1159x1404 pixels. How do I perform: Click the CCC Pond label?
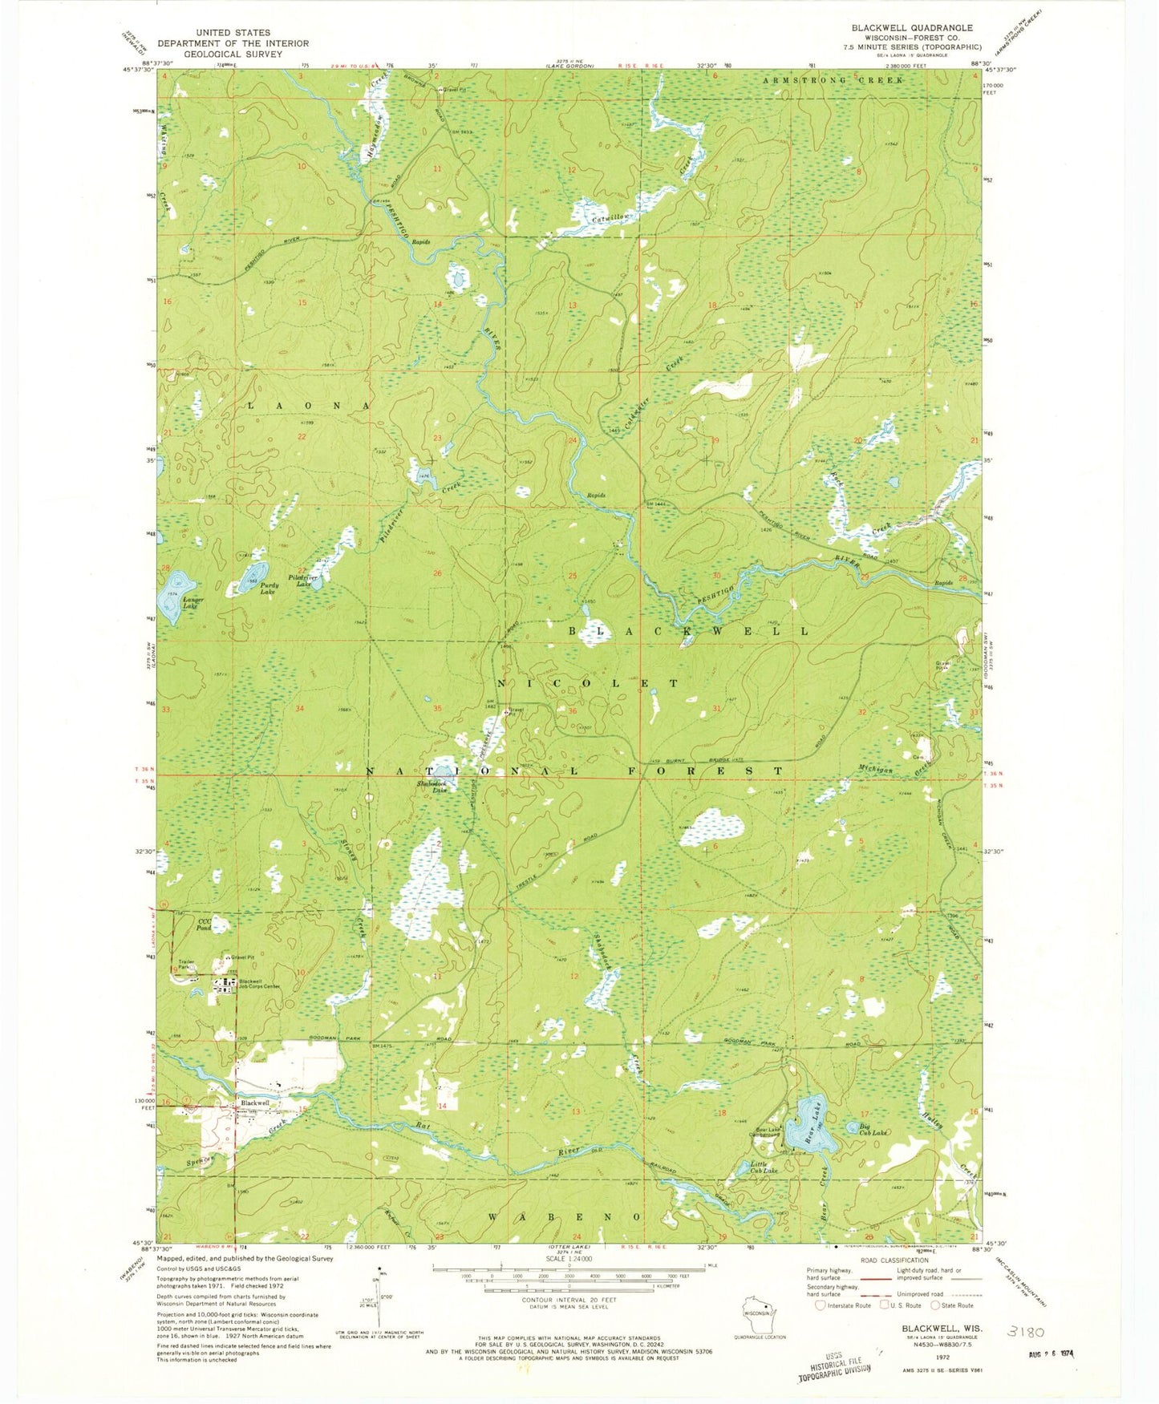(x=205, y=925)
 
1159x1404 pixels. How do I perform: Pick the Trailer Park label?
(x=187, y=965)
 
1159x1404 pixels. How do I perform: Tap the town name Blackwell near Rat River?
(x=255, y=1103)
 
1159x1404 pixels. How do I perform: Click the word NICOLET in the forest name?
(x=587, y=683)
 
